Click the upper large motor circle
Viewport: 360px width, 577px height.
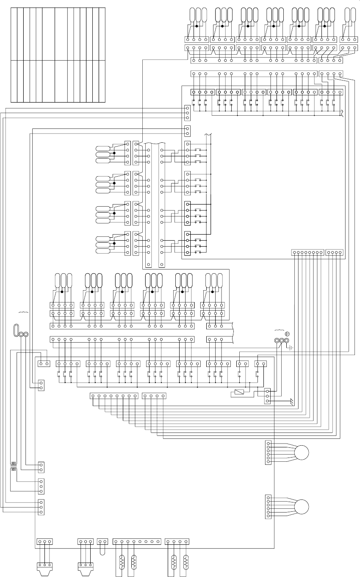click(302, 452)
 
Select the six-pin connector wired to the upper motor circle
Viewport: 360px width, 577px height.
click(268, 452)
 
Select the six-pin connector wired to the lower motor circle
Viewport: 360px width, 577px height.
click(268, 507)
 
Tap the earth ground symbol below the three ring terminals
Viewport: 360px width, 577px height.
click(291, 349)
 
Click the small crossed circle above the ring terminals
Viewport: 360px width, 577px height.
click(287, 334)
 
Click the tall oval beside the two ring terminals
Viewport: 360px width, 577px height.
click(16, 330)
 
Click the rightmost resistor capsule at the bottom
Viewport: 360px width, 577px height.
click(186, 563)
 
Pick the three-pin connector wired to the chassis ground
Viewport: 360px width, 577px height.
click(267, 396)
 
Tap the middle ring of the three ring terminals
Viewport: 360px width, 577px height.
click(281, 341)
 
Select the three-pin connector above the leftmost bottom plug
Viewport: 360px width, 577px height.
click(44, 541)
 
